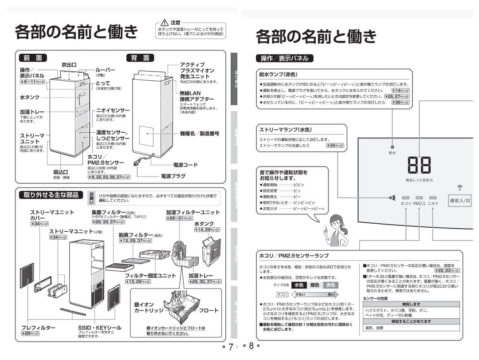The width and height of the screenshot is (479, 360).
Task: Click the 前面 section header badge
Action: pyautogui.click(x=33, y=58)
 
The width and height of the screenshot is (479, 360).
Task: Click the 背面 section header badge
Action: pyautogui.click(x=140, y=58)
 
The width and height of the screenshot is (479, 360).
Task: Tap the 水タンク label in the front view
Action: pyautogui.click(x=30, y=97)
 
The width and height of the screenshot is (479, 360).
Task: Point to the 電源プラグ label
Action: pyautogui.click(x=173, y=176)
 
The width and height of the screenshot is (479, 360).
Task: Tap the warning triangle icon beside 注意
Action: pyautogui.click(x=164, y=22)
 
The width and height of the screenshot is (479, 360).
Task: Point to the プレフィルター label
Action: pyautogui.click(x=39, y=328)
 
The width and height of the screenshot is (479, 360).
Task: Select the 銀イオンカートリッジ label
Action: pyautogui.click(x=150, y=308)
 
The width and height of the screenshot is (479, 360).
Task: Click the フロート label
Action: pyautogui.click(x=208, y=311)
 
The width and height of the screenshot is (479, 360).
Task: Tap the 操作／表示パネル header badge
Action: pyautogui.click(x=285, y=58)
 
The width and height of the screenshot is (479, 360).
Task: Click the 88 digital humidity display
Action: pyautogui.click(x=419, y=165)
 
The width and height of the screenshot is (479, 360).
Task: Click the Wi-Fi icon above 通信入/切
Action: pyautogui.click(x=459, y=187)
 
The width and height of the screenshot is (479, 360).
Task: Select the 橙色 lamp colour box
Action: pyautogui.click(x=314, y=285)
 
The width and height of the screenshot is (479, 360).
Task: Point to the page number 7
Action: pyautogui.click(x=231, y=346)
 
